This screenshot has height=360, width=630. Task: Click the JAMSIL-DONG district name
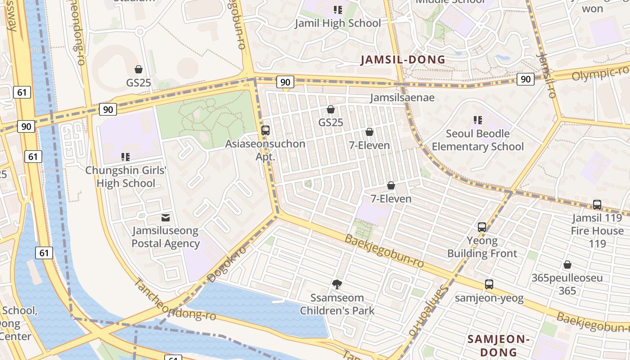point(403,60)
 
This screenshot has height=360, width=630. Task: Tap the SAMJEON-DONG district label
point(498,345)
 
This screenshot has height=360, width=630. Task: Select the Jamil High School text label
point(337,23)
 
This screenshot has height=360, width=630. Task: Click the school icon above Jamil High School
point(337,9)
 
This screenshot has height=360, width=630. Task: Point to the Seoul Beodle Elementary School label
point(477,140)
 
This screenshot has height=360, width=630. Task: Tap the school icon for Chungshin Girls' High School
point(126,157)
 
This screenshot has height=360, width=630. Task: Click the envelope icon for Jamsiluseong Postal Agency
point(166,218)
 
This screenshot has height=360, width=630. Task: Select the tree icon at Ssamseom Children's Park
point(337,284)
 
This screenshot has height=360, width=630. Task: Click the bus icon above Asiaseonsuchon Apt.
point(265,130)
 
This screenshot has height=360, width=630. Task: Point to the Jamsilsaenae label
point(402,98)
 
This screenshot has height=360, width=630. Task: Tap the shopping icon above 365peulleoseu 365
point(567,265)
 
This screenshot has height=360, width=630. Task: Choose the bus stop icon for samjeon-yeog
point(489,284)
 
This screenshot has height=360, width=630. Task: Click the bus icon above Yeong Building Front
point(482,227)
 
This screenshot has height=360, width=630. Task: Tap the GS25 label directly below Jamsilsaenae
point(331,122)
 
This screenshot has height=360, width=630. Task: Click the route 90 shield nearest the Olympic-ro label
point(525,79)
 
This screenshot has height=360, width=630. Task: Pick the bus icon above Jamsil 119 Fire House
point(597,204)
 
